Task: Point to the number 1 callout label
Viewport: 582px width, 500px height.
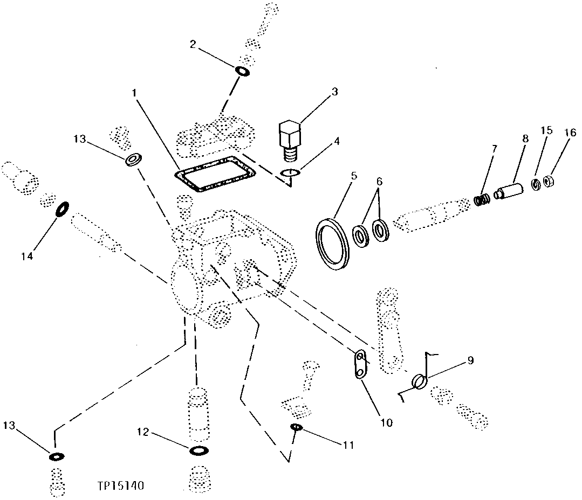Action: click(135, 94)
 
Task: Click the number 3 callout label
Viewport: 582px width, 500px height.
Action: click(334, 92)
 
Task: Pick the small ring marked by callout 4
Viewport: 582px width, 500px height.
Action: click(291, 172)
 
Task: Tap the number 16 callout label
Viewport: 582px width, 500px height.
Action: click(570, 133)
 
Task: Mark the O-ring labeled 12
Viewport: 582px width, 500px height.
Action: click(198, 450)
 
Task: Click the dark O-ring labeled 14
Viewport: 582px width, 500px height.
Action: click(63, 209)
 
